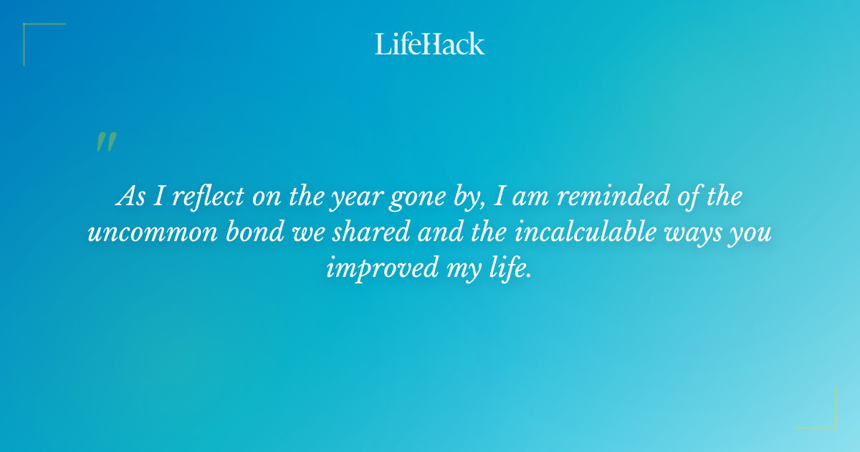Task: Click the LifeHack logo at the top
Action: coord(430,44)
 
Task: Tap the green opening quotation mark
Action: coord(105,142)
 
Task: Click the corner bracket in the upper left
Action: coord(32,32)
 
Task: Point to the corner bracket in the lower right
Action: coord(828,420)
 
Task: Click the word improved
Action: coord(382,268)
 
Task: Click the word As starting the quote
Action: coord(130,197)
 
